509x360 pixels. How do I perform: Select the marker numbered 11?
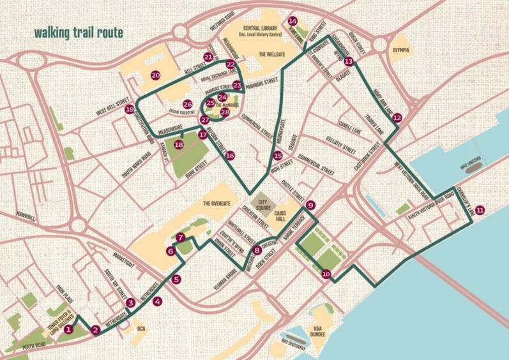click(x=480, y=209)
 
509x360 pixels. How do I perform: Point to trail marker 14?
click(x=292, y=20)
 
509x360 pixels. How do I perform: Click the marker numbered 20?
click(x=155, y=75)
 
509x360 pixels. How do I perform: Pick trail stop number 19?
click(x=130, y=109)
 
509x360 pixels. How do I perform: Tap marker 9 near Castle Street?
click(x=310, y=206)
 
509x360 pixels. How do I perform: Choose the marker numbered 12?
click(x=397, y=117)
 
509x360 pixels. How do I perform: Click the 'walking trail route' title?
click(x=79, y=31)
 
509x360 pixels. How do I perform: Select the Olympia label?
click(x=400, y=49)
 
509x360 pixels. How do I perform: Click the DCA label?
click(x=141, y=328)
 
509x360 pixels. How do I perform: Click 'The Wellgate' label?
click(x=275, y=55)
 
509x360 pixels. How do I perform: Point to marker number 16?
click(x=230, y=155)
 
